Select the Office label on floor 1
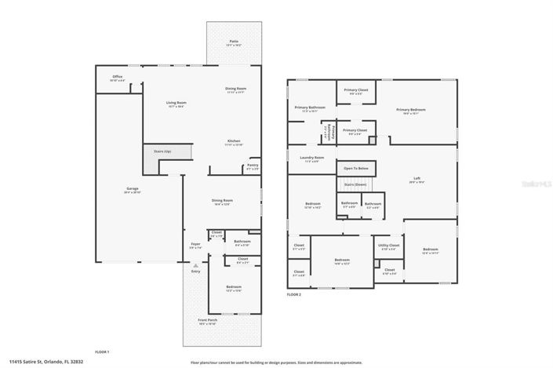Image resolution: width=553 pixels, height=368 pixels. point(117,77)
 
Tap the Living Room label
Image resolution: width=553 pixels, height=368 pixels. point(175,103)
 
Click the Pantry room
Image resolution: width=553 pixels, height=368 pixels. point(253,166)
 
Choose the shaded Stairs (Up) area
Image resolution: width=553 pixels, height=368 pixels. point(151,161)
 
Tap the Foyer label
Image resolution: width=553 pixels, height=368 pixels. point(195,244)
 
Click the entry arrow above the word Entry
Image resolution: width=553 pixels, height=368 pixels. point(195,265)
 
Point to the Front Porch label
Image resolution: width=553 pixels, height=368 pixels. point(207,320)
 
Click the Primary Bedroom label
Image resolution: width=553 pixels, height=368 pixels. point(410,110)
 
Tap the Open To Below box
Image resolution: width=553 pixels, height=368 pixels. point(355,168)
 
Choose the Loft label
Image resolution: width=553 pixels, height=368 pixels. point(417,179)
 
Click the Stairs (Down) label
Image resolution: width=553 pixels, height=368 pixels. point(355,184)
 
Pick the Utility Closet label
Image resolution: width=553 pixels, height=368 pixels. point(388,246)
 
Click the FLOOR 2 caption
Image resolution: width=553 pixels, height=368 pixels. point(293,294)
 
